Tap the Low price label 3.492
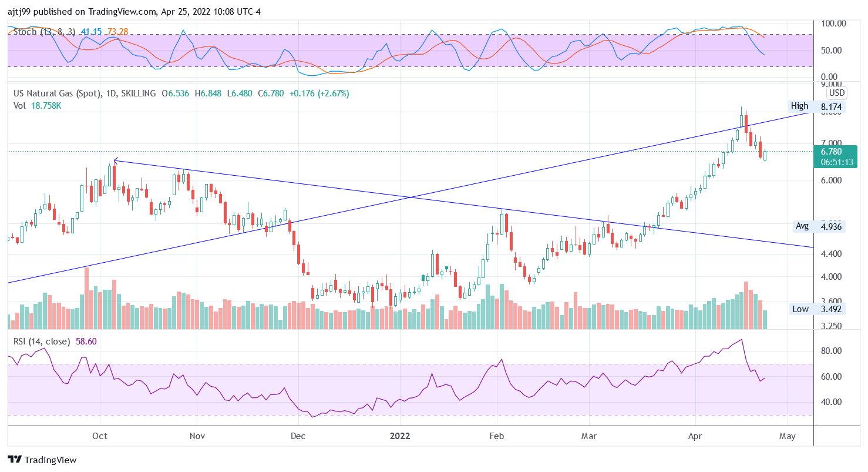coord(831,309)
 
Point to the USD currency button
coord(836,93)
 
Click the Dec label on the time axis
coord(298,437)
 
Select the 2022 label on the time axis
coord(400,437)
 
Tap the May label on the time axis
coord(787,437)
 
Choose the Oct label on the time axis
coord(100,437)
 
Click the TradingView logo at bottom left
coord(42,460)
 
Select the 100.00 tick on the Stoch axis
coord(833,24)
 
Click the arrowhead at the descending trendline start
coord(115,160)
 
